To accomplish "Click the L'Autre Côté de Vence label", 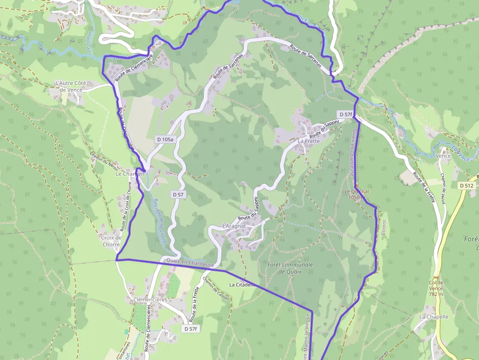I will pyautogui.click(x=71, y=86).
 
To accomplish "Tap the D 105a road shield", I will pyautogui.click(x=165, y=139).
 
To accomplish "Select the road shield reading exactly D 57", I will pyautogui.click(x=178, y=194).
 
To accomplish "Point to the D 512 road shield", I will pyautogui.click(x=467, y=186).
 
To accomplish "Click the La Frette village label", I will pyautogui.click(x=308, y=141).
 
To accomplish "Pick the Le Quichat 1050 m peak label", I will pyautogui.click(x=356, y=194).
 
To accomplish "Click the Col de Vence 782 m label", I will pyautogui.click(x=436, y=288).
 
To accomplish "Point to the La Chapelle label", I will pyautogui.click(x=434, y=317).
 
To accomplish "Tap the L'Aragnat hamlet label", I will pyautogui.click(x=234, y=227).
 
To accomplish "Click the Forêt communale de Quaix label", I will pyautogui.click(x=290, y=268).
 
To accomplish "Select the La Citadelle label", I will pyautogui.click(x=243, y=285).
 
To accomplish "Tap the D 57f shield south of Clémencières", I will pyautogui.click(x=191, y=329).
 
